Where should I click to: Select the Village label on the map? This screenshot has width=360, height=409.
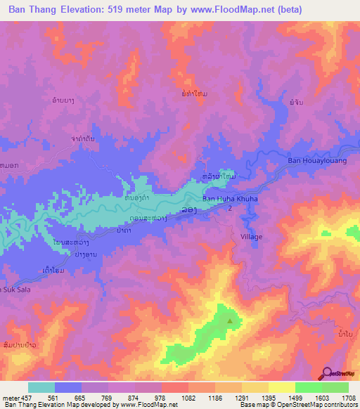point(251,237)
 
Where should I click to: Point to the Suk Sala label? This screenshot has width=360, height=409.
point(15,289)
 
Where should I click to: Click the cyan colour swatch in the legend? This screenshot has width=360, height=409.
point(41,387)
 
